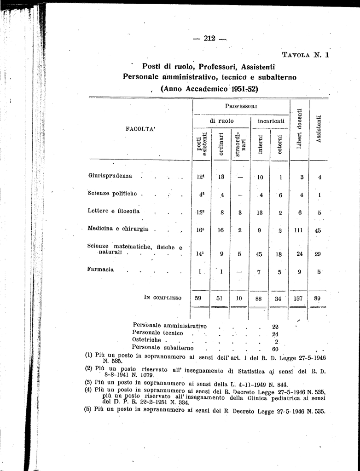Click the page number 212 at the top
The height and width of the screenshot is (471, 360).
click(x=209, y=38)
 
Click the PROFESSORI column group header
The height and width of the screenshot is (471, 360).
click(x=240, y=106)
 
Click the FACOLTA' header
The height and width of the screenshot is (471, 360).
click(x=140, y=129)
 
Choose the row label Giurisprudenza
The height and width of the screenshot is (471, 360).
click(x=110, y=176)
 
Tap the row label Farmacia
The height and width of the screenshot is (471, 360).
click(x=101, y=270)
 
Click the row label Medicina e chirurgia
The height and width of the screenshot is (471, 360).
click(x=118, y=229)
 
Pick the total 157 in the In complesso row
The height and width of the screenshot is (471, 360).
click(x=298, y=298)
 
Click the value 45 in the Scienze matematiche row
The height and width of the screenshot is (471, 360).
click(x=259, y=254)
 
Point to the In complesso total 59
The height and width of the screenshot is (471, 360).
click(x=198, y=298)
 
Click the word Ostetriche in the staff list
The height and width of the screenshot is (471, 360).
click(x=146, y=340)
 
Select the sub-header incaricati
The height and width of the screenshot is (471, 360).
click(x=271, y=121)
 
